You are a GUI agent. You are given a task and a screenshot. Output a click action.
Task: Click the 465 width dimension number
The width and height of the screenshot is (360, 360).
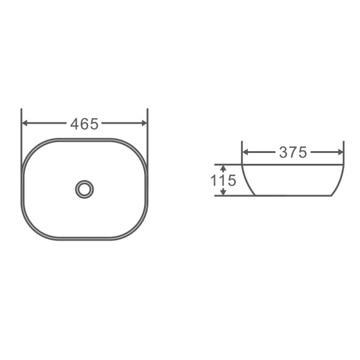point(84,124)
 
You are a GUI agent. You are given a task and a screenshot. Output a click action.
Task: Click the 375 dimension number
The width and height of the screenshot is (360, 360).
point(293,152)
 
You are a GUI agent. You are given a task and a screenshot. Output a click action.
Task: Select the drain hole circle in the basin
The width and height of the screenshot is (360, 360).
point(84,190)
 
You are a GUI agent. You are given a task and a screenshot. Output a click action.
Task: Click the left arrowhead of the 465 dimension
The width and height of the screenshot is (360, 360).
point(25,123)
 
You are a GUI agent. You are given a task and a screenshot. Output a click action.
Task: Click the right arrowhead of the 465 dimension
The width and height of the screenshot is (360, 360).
point(143,123)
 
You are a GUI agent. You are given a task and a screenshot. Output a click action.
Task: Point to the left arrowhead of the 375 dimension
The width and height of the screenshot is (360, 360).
point(245,152)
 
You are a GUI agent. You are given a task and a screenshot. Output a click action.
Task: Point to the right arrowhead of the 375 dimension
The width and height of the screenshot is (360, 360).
point(340,152)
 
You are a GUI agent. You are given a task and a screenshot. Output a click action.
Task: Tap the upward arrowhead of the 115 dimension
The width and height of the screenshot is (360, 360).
point(223,167)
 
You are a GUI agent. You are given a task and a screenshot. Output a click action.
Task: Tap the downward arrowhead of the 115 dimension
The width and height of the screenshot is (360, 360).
point(223,192)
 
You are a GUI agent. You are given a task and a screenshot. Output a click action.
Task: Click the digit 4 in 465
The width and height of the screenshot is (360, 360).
point(76,124)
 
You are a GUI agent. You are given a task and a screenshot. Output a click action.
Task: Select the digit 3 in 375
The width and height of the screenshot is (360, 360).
point(283,152)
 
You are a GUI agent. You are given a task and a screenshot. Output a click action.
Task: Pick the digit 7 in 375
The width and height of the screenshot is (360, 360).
point(293,152)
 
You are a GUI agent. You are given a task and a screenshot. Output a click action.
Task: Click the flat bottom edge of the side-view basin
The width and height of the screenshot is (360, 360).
point(293,196)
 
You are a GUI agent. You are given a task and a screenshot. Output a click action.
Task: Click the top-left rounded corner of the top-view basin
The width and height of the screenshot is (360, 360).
point(31,148)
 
